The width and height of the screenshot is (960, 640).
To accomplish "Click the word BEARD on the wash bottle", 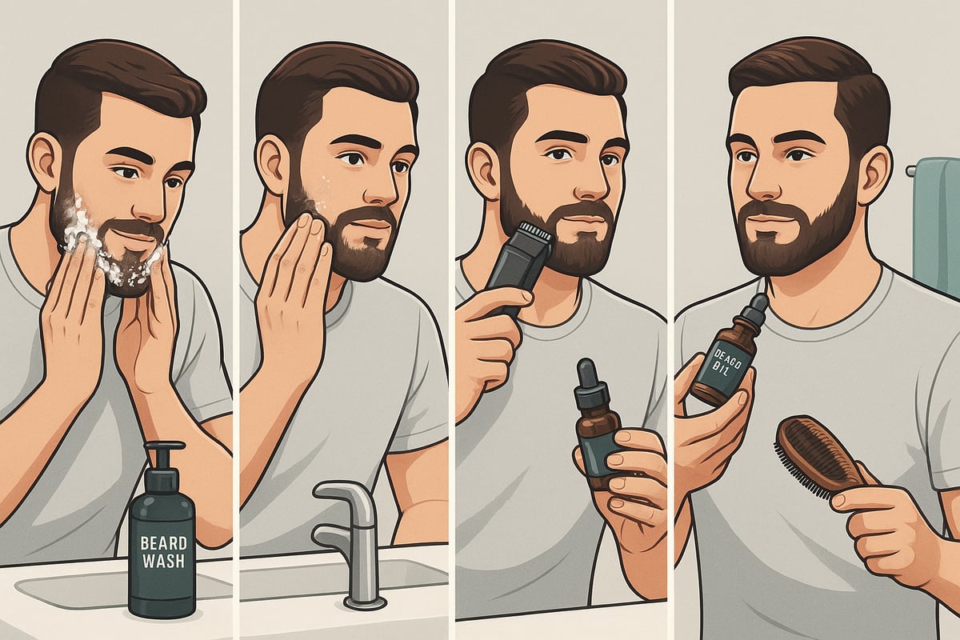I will [x=162, y=542].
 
